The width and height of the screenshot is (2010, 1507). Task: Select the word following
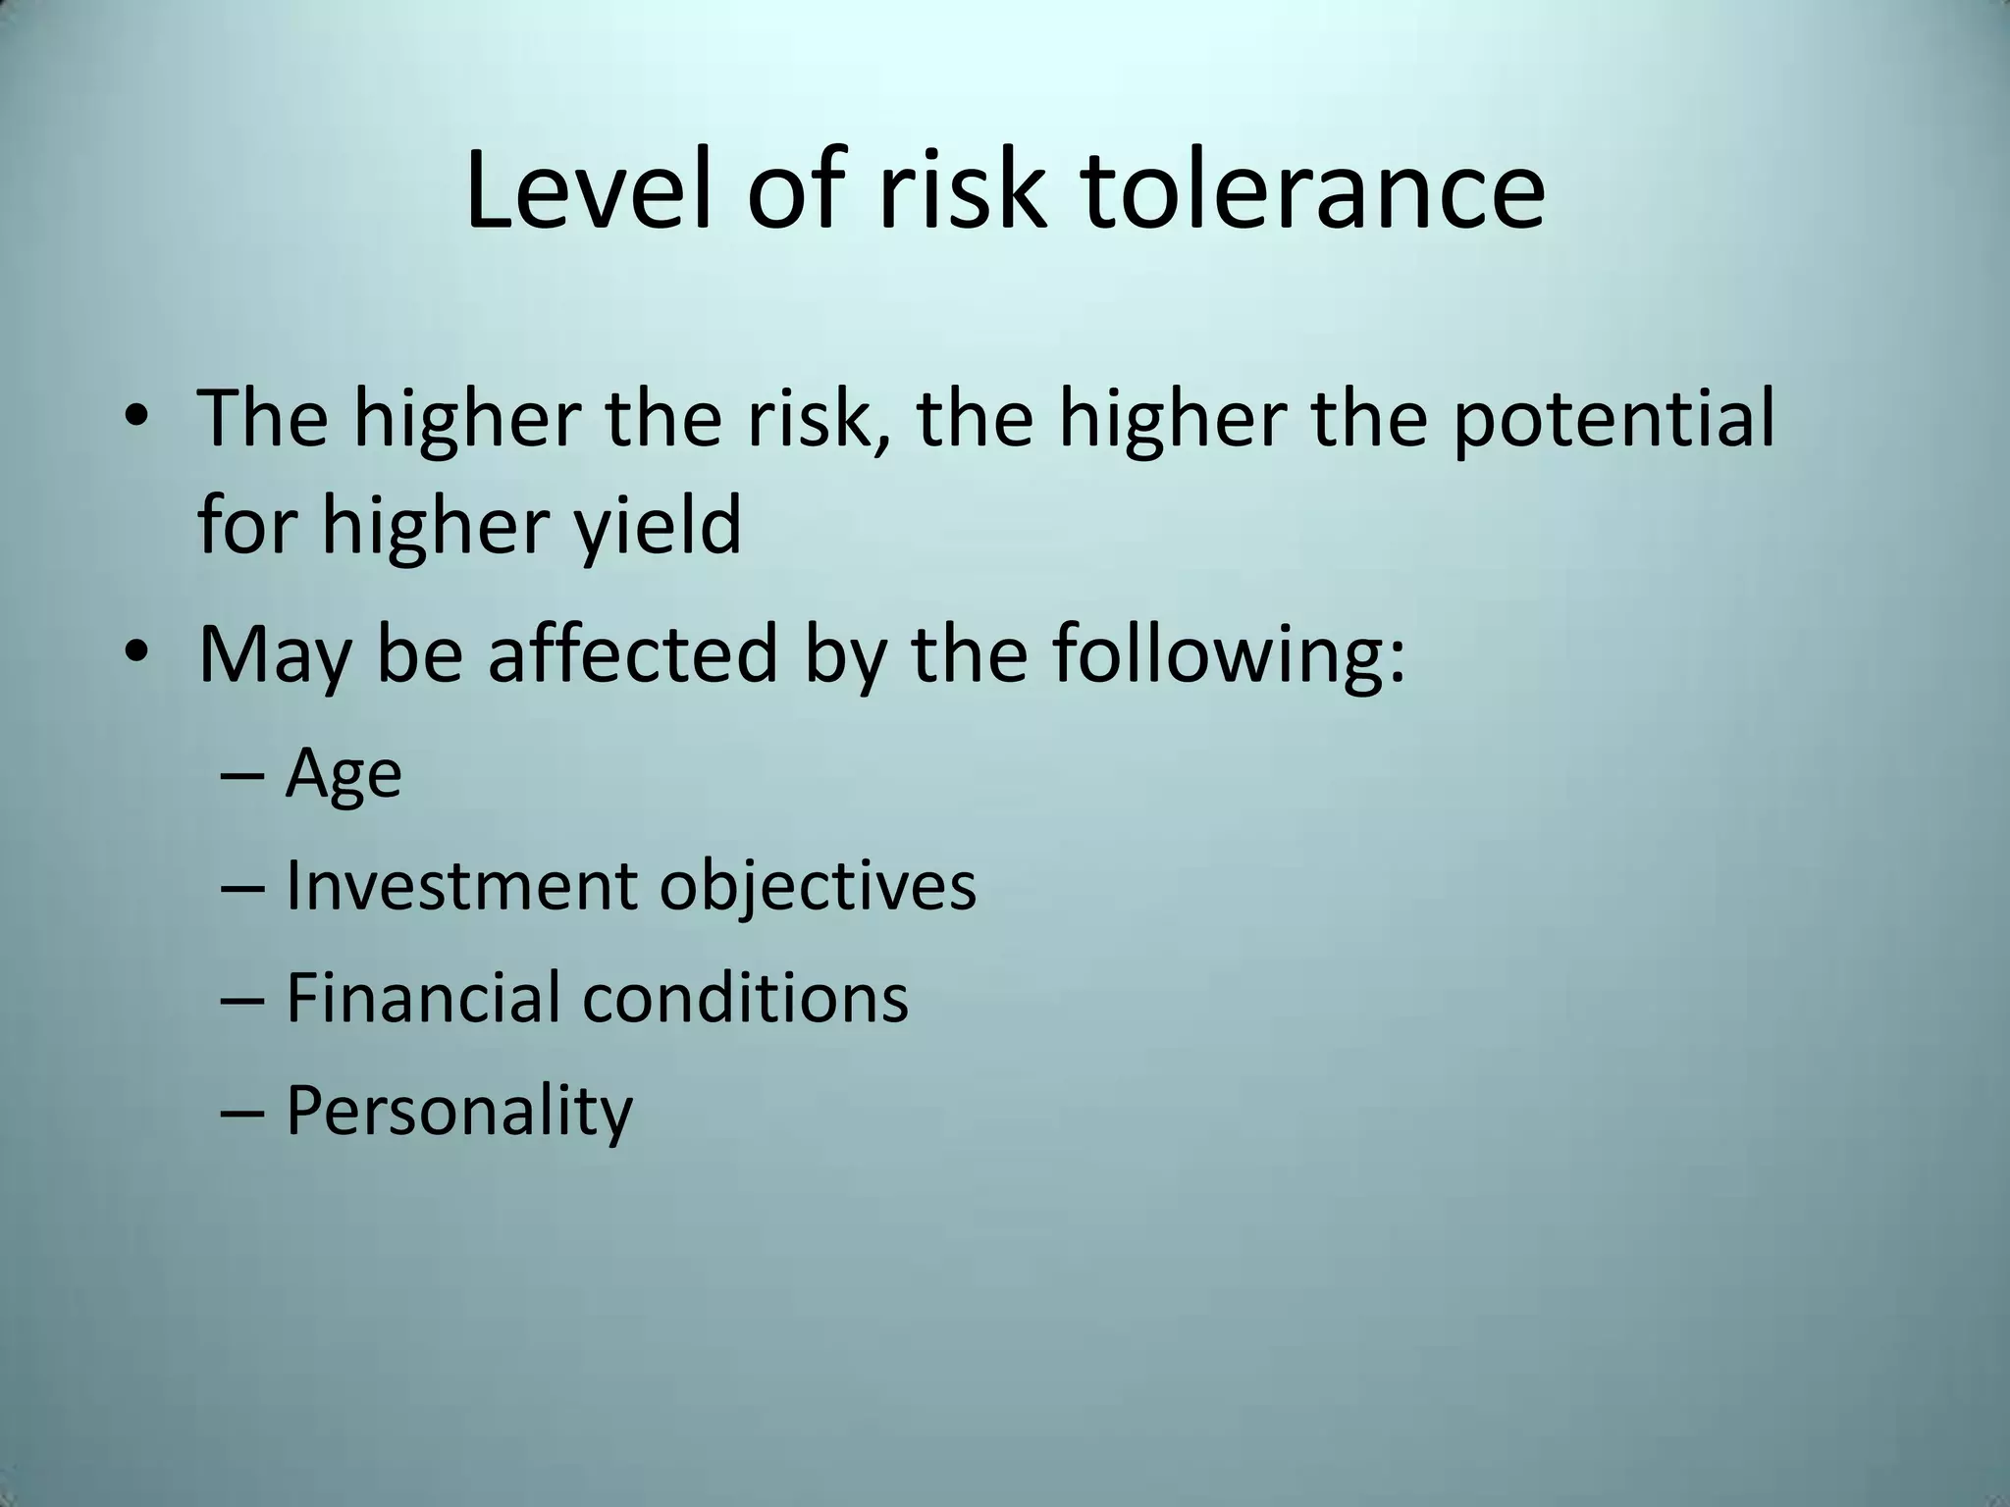click(1230, 655)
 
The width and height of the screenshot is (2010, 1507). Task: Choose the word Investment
click(459, 885)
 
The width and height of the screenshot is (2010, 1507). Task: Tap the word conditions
click(745, 997)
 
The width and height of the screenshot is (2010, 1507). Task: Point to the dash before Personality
click(242, 1111)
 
